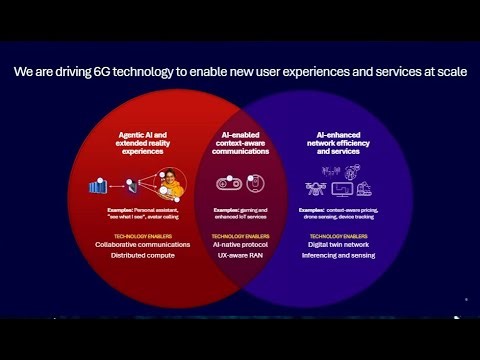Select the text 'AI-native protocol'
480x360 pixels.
240,244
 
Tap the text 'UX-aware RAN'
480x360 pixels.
240,256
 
